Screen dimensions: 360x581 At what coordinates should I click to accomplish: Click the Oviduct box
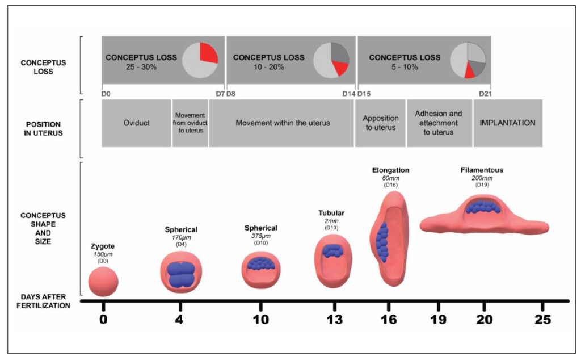136,123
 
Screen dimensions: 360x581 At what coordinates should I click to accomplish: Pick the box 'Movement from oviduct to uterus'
190,123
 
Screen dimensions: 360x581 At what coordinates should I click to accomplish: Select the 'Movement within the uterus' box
282,123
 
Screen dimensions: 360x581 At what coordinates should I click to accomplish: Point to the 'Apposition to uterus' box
380,123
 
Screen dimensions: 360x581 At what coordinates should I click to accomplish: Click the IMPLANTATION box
508,123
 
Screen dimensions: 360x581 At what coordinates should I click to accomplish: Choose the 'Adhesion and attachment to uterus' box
439,123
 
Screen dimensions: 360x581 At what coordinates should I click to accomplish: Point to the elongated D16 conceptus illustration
389,235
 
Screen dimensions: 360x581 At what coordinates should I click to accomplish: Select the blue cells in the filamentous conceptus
484,206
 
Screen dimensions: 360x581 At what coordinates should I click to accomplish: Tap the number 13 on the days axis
334,320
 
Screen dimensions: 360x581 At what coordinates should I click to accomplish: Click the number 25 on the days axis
543,320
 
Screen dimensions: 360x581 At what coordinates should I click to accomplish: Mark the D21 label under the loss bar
485,94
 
